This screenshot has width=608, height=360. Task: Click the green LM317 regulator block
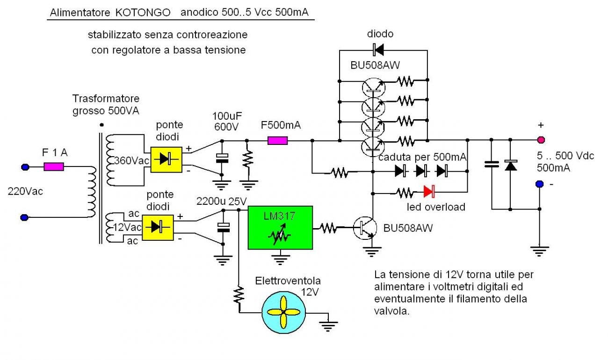(x=280, y=228)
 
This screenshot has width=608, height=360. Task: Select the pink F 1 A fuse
(x=54, y=166)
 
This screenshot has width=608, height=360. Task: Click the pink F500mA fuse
(x=277, y=140)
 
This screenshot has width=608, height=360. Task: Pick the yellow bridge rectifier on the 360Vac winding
(x=166, y=159)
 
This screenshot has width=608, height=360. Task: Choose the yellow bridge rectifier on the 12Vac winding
(x=158, y=227)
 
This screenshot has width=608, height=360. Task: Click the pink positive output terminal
(x=541, y=139)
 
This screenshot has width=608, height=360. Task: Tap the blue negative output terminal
(x=540, y=185)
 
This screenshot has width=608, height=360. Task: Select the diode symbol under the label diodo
(x=378, y=49)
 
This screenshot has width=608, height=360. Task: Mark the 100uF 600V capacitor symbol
(x=222, y=158)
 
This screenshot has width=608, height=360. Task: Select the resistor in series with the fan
(x=239, y=295)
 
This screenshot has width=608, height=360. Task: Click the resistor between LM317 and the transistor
(x=329, y=228)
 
